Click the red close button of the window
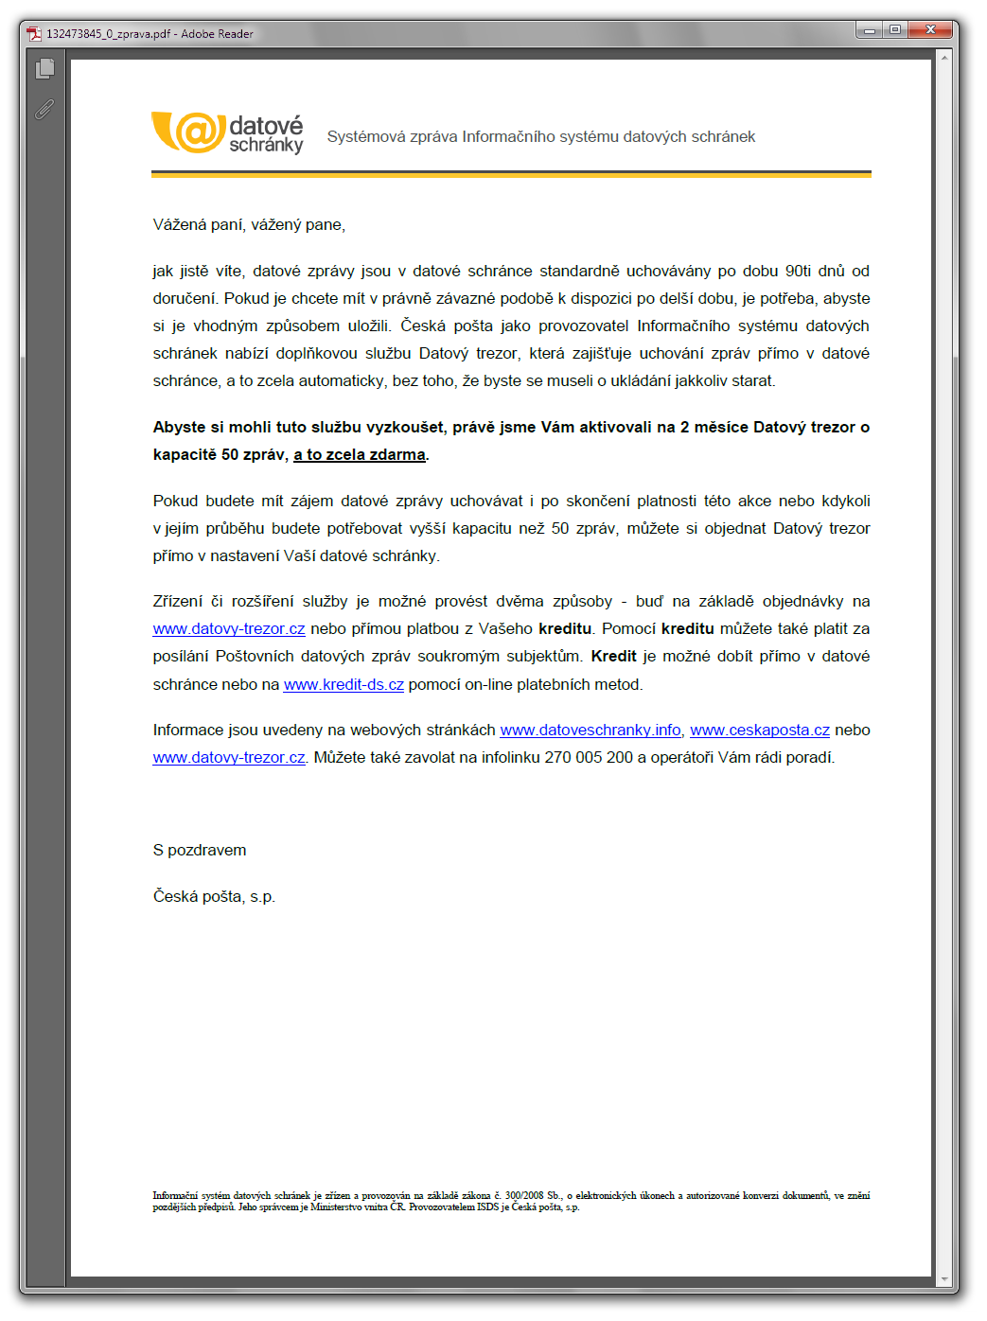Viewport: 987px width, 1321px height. (929, 30)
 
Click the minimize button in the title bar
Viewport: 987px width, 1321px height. (870, 30)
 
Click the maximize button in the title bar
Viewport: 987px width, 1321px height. (894, 30)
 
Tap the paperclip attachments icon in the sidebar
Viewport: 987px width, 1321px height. (44, 110)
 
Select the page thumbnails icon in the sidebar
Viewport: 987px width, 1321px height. (44, 69)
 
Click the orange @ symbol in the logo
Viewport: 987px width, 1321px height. (197, 132)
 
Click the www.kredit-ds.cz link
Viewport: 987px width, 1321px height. (344, 684)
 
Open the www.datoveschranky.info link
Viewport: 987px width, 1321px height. (590, 730)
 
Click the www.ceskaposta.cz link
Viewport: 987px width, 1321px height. (760, 730)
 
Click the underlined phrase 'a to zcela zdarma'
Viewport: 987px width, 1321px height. (360, 454)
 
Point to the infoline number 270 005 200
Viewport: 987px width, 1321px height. (589, 757)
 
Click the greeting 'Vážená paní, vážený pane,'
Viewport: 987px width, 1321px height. (249, 224)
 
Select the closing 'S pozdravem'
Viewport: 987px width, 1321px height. (200, 850)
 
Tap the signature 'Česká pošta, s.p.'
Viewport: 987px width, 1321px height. (214, 896)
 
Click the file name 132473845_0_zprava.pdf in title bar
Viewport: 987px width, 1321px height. (109, 34)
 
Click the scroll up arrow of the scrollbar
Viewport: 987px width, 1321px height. (943, 58)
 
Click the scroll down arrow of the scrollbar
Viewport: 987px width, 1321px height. (943, 1279)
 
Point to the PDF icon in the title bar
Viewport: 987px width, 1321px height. (34, 34)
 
